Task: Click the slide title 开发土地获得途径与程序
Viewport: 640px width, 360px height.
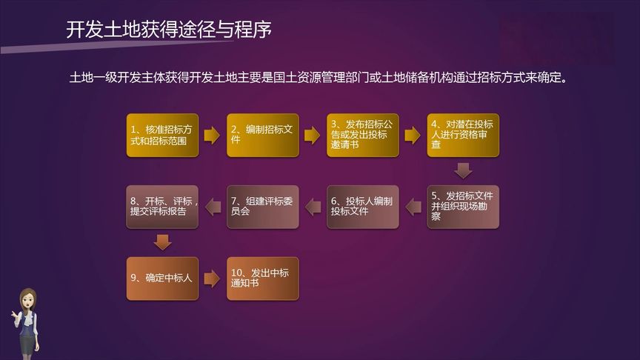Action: pyautogui.click(x=168, y=30)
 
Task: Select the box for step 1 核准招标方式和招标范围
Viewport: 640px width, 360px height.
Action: pyautogui.click(x=162, y=135)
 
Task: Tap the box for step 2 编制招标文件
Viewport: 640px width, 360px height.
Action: pyautogui.click(x=263, y=135)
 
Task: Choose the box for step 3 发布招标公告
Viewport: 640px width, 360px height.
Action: pyautogui.click(x=363, y=135)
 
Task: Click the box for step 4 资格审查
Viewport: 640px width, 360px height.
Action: pyautogui.click(x=463, y=135)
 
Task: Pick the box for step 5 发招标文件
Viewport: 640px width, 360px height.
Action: pyautogui.click(x=463, y=207)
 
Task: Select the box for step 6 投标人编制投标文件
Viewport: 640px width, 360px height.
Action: pyautogui.click(x=363, y=207)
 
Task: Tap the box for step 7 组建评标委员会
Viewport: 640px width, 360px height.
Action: pyautogui.click(x=263, y=207)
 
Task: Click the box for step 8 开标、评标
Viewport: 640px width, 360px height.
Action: pyautogui.click(x=162, y=207)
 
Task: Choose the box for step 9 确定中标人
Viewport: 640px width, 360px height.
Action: pyautogui.click(x=162, y=279)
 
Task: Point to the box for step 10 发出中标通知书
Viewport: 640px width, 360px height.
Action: pyautogui.click(x=263, y=279)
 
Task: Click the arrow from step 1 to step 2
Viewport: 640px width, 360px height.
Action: pyautogui.click(x=212, y=135)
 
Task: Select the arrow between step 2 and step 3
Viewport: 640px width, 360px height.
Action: pyautogui.click(x=313, y=135)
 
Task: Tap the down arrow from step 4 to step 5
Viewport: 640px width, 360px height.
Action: pyautogui.click(x=464, y=171)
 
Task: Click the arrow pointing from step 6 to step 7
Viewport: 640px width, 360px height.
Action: pyautogui.click(x=313, y=207)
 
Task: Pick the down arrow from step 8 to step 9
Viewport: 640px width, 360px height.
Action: pyautogui.click(x=163, y=242)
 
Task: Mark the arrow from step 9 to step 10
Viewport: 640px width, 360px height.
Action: pyautogui.click(x=212, y=279)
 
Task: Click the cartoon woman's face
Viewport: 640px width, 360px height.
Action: pyautogui.click(x=28, y=301)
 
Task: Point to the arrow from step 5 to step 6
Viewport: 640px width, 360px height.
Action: pyautogui.click(x=413, y=207)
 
